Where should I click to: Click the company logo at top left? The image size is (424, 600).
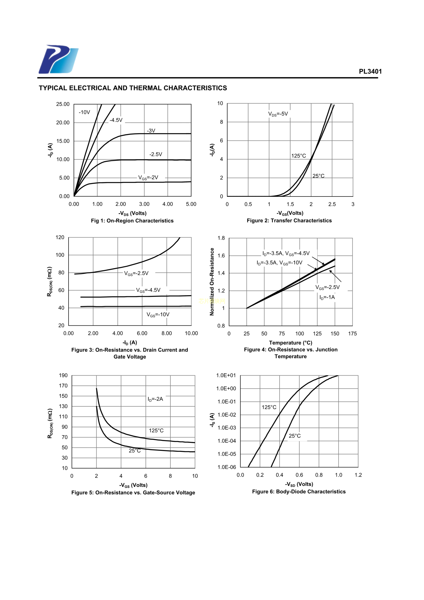click(x=58, y=59)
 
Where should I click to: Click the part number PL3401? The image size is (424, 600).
click(x=370, y=71)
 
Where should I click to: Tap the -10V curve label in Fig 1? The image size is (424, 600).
click(x=84, y=112)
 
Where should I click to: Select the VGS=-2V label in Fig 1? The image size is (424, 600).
click(x=148, y=178)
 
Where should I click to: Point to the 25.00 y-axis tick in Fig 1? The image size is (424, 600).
click(x=63, y=104)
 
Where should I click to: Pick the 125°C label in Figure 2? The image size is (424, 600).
click(x=298, y=156)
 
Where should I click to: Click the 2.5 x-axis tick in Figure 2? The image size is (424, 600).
click(x=332, y=204)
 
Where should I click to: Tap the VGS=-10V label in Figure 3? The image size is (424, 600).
click(x=158, y=315)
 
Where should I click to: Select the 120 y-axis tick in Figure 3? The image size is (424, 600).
click(x=60, y=237)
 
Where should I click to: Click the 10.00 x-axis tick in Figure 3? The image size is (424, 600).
click(x=191, y=333)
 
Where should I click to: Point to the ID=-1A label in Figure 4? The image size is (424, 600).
click(x=327, y=297)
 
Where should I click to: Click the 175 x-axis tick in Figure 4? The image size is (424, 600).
click(x=352, y=334)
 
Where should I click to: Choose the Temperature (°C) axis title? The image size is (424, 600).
click(x=291, y=343)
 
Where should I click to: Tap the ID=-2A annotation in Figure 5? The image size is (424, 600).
click(x=155, y=399)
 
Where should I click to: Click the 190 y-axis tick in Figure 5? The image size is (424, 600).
click(x=63, y=375)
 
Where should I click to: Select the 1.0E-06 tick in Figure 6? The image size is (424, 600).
click(x=227, y=467)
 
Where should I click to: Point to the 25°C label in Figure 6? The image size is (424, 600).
click(x=294, y=436)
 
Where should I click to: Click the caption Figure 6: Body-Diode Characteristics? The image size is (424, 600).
click(x=299, y=492)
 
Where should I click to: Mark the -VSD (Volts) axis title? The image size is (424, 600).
click(x=299, y=484)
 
